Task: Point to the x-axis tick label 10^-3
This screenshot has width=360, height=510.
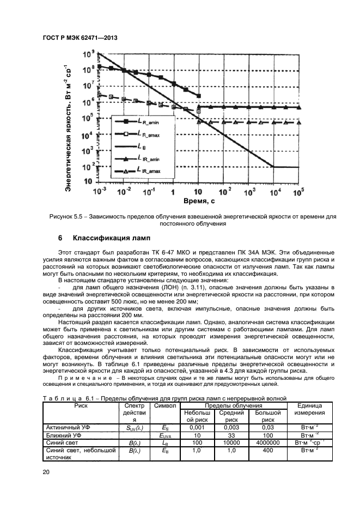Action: [x=100, y=191]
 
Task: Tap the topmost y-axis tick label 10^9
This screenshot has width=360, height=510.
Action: [x=88, y=54]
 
